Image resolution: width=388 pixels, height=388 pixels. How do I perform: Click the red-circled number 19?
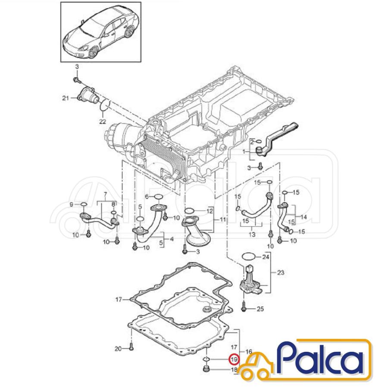click(x=234, y=359)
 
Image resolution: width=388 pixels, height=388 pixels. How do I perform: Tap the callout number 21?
click(x=66, y=98)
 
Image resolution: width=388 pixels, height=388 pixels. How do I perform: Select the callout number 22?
click(x=103, y=122)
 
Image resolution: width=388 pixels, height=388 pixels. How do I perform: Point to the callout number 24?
click(x=266, y=257)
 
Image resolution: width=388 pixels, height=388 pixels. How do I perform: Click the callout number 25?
click(x=260, y=309)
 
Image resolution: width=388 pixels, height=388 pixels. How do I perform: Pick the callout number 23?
click(x=281, y=273)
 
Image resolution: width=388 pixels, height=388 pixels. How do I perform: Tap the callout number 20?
click(x=118, y=349)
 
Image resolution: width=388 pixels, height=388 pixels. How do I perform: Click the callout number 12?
click(x=210, y=211)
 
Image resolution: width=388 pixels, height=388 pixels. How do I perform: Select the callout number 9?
click(x=72, y=204)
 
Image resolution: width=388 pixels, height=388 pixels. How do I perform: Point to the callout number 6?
click(x=147, y=197)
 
